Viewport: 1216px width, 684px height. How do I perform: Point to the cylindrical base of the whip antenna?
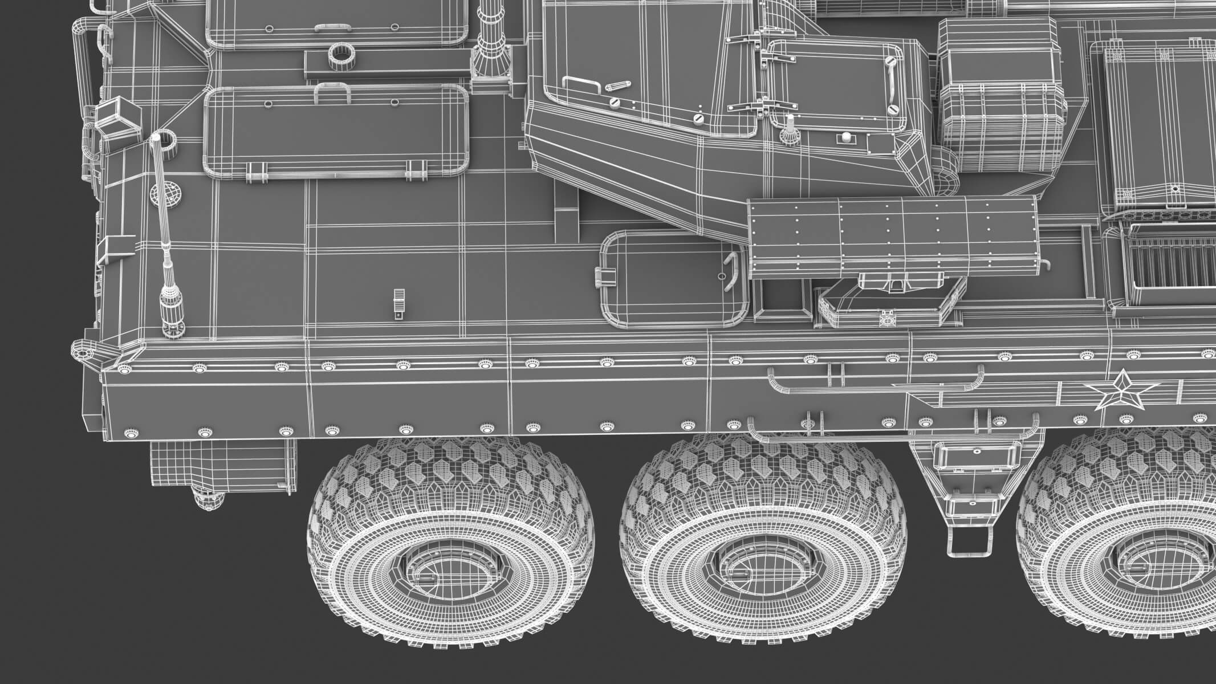click(x=172, y=311)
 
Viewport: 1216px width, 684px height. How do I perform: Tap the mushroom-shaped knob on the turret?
click(x=789, y=131)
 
